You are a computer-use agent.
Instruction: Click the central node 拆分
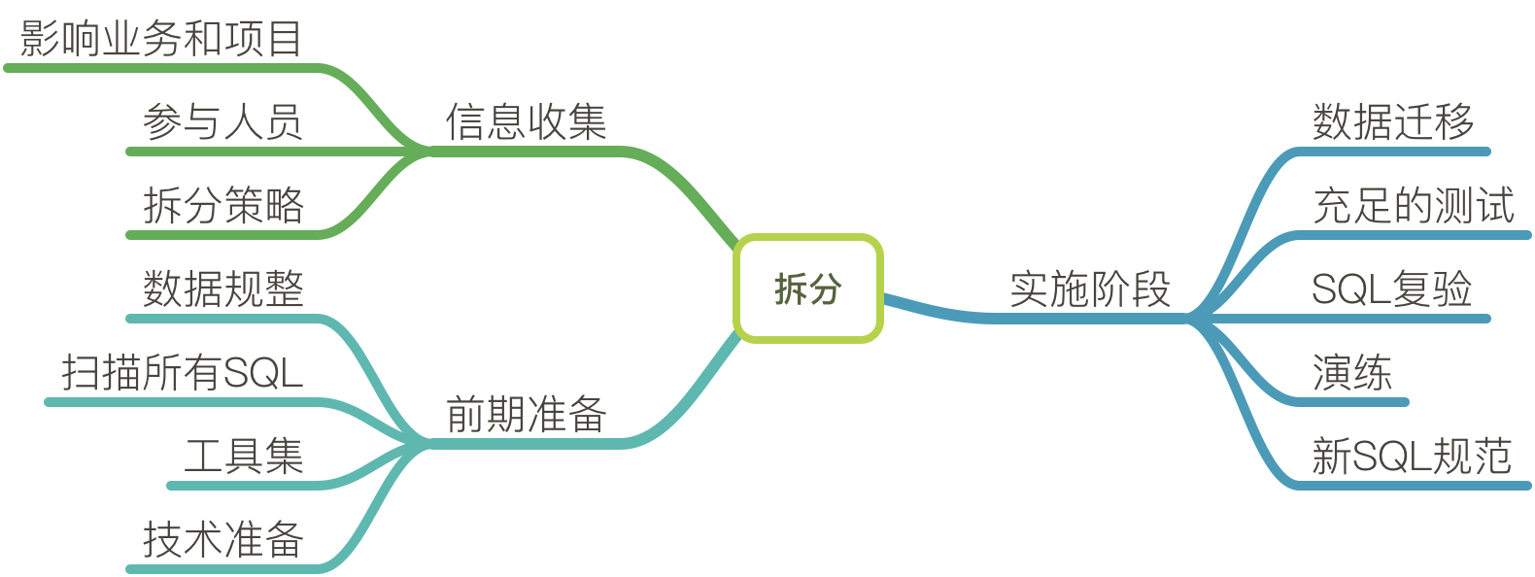[807, 288]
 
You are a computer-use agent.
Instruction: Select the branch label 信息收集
[526, 122]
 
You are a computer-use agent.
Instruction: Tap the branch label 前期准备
[526, 415]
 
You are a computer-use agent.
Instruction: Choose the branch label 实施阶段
[1090, 289]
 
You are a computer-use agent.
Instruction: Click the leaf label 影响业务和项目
[160, 40]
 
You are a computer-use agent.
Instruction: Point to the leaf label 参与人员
[222, 122]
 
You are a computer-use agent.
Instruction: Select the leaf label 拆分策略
[222, 206]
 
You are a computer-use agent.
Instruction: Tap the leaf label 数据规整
[222, 289]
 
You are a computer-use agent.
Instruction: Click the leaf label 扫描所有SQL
[182, 373]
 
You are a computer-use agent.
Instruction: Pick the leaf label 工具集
[243, 457]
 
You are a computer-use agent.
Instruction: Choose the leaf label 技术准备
[222, 540]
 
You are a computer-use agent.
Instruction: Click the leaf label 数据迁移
[1392, 122]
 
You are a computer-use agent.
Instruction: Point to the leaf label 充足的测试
[1413, 206]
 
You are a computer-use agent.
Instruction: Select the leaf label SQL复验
[1391, 289]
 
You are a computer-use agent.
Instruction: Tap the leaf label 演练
[1351, 373]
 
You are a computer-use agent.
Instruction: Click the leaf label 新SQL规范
[1411, 457]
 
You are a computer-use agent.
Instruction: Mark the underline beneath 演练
[1350, 401]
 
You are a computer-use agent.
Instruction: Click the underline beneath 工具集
[243, 485]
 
